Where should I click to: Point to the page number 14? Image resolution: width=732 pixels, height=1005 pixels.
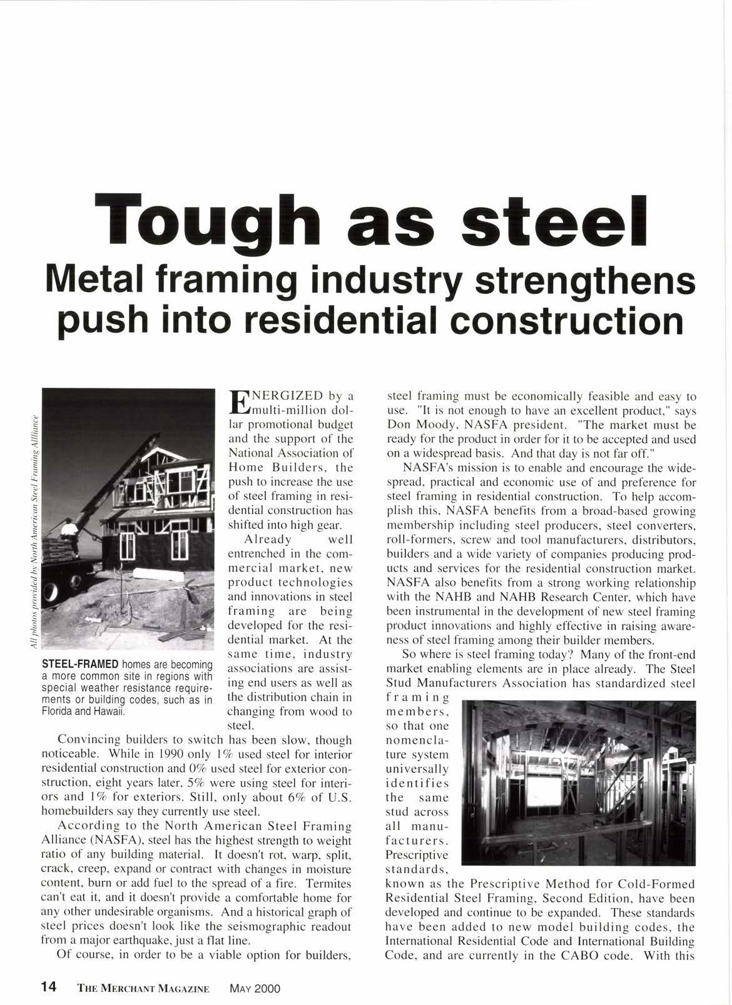[x=48, y=987]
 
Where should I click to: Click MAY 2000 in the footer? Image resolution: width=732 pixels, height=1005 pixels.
[x=255, y=988]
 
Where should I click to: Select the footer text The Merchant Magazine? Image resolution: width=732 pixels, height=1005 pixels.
[x=143, y=988]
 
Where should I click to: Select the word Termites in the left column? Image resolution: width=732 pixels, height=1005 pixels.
[x=330, y=884]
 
